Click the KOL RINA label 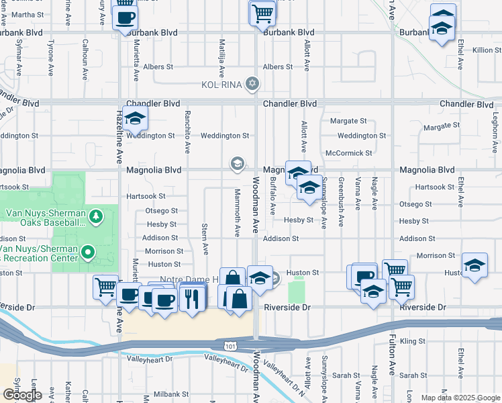point(223,85)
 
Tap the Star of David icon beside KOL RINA point(252,84)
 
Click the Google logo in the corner point(22,394)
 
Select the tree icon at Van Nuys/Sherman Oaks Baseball point(97,216)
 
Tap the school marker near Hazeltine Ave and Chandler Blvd point(135,120)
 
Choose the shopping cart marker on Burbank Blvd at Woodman point(262,12)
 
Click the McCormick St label point(348,152)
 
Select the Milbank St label point(168,394)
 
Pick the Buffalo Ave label point(272,195)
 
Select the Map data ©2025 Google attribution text point(461,398)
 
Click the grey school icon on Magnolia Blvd point(237,163)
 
